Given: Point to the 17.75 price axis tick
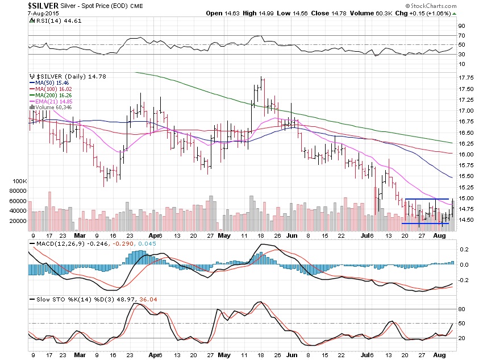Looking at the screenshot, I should coord(467,78).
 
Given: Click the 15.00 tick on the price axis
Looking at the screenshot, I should coord(467,198).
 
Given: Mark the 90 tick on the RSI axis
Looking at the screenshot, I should coord(463,26).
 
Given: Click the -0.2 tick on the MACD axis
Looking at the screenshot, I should coord(464,280).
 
